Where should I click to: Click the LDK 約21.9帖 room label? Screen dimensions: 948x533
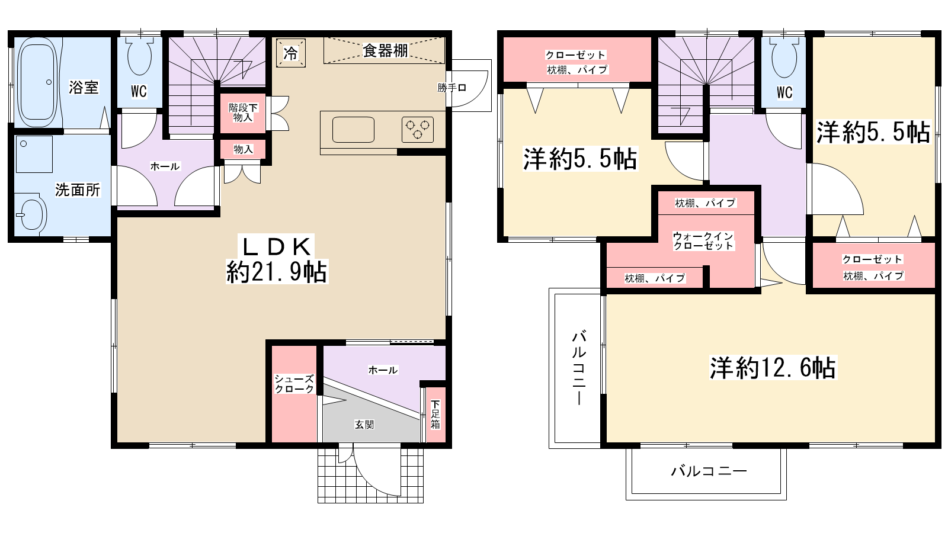click(x=277, y=259)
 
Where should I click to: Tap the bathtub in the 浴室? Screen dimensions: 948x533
click(x=37, y=82)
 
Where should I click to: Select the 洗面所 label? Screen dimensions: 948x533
click(x=78, y=190)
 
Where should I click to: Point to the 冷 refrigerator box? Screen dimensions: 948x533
click(x=291, y=53)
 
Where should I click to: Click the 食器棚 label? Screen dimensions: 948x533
click(x=385, y=51)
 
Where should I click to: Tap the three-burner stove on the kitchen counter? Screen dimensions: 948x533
click(x=418, y=130)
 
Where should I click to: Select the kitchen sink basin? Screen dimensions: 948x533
click(x=353, y=130)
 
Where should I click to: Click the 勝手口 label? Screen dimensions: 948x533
click(x=452, y=88)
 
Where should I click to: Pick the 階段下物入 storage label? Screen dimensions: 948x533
click(x=243, y=113)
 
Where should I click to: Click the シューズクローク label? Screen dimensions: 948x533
click(x=294, y=384)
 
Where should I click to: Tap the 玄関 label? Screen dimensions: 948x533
click(x=364, y=425)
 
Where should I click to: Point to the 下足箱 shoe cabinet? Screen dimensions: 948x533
click(x=435, y=415)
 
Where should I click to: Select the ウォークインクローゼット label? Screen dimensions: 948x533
click(x=703, y=240)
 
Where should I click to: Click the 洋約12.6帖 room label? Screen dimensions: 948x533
click(x=773, y=368)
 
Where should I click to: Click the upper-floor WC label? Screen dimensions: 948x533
click(x=784, y=92)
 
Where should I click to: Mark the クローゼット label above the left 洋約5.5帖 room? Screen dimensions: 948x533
click(x=575, y=55)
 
